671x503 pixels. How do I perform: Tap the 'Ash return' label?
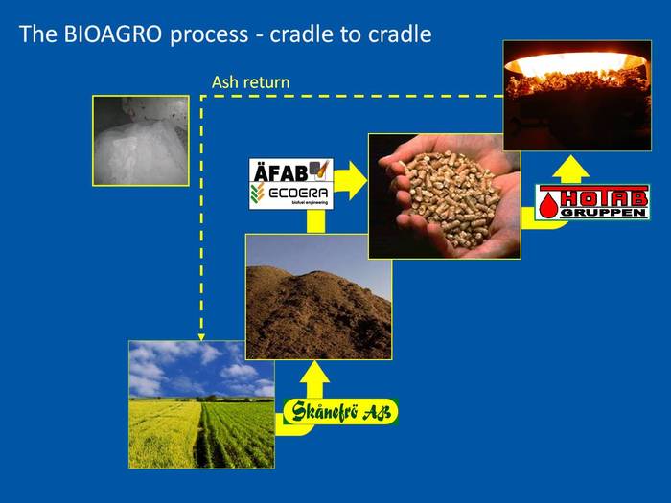[250, 82]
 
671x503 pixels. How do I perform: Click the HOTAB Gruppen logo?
[592, 201]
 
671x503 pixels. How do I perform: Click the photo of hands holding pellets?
[444, 195]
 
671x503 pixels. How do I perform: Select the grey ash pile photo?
[140, 140]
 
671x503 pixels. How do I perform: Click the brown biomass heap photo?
[318, 296]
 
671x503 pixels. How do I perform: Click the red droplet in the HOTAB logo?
[549, 204]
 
